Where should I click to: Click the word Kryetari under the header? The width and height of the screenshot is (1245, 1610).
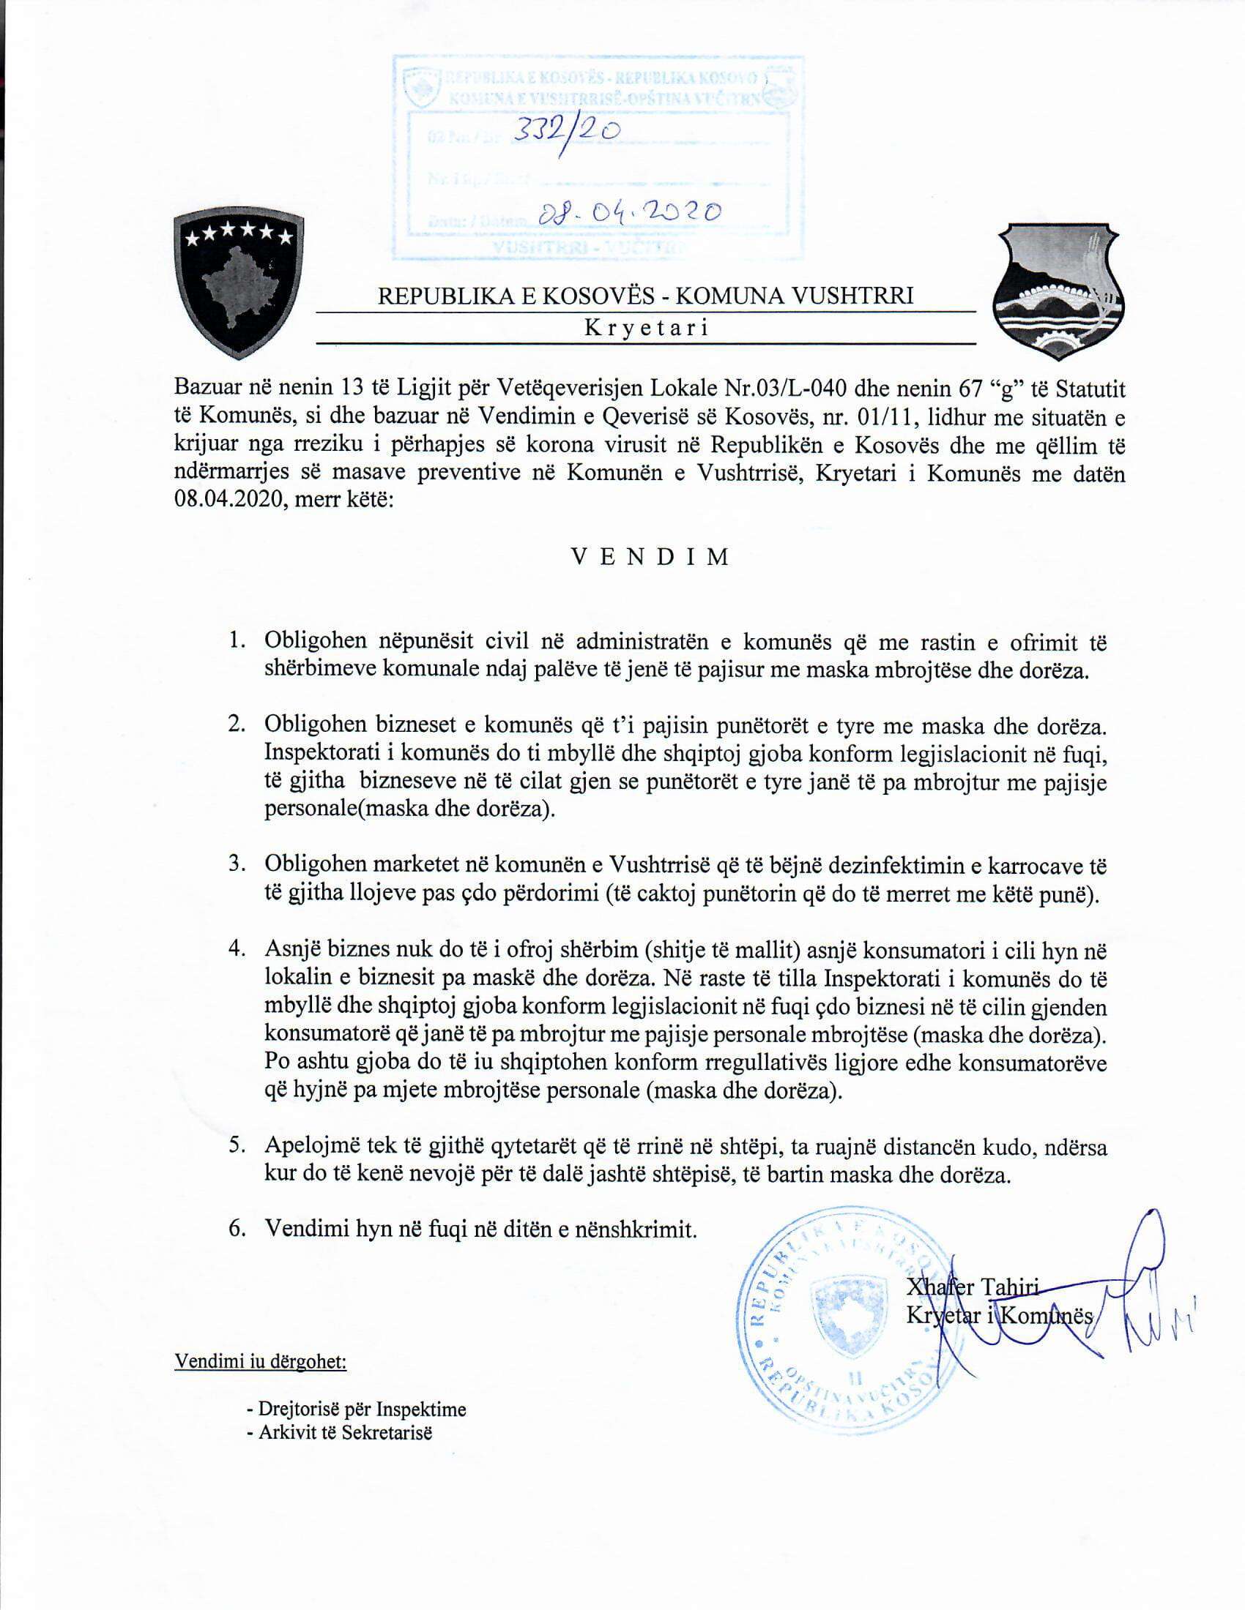[x=646, y=328]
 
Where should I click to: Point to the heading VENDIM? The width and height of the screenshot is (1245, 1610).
[x=651, y=557]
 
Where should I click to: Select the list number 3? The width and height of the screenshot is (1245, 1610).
[x=236, y=864]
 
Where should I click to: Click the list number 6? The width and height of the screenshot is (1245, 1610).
[x=236, y=1229]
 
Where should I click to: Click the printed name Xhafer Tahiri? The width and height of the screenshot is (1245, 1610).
[x=972, y=1288]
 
